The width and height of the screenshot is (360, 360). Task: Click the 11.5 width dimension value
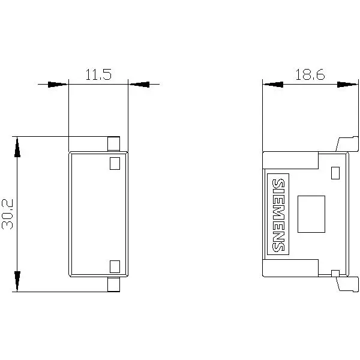point(98,74)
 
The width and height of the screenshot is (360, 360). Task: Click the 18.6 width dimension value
point(310,74)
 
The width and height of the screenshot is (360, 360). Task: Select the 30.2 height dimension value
point(8,214)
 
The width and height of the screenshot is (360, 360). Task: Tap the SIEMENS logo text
point(278,214)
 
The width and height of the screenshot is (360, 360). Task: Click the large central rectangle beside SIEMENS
point(311,214)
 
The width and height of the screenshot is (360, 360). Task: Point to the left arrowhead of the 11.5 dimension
point(58,85)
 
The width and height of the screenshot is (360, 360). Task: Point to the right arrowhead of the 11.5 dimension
point(139,85)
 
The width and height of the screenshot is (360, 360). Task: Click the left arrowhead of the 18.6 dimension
point(273,85)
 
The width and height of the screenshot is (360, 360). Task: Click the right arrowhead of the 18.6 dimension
point(347,85)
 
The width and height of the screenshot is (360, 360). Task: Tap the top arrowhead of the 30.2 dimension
point(17,147)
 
